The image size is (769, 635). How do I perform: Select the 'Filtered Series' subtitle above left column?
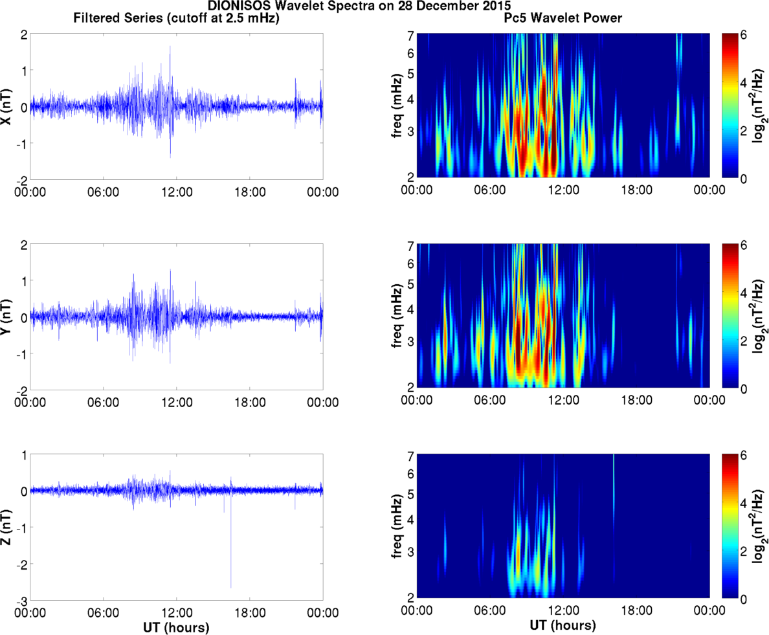(x=177, y=19)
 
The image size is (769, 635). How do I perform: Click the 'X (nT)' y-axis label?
(x=8, y=107)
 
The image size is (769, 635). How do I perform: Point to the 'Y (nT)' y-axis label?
(x=8, y=318)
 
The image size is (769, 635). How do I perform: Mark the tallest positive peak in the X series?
(x=170, y=47)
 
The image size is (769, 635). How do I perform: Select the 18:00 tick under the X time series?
(x=250, y=192)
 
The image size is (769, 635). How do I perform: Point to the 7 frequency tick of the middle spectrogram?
(x=409, y=247)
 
